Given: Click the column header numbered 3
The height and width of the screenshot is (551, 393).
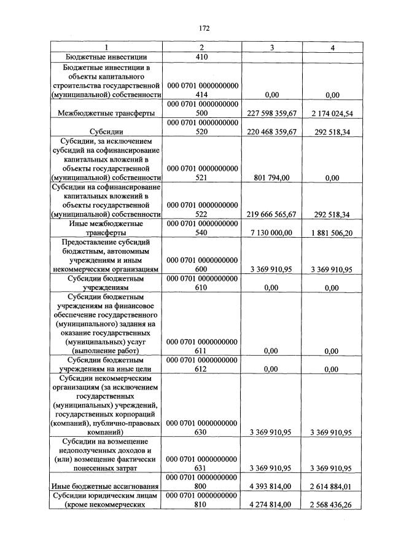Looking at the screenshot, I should coord(271,47).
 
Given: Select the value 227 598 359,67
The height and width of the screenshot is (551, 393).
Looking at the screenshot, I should coord(271,113).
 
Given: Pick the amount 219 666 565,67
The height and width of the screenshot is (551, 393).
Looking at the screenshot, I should coord(271,214).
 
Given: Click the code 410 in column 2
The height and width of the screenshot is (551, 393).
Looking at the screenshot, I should coord(201,57).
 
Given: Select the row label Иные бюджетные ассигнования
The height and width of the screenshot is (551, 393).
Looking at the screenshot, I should coord(106,487).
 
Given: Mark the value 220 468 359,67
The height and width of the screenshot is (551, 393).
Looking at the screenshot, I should coord(271,131).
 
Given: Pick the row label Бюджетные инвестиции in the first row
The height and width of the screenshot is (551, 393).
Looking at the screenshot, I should coord(106,57).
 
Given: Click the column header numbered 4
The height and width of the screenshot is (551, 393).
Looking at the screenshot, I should coord(332,47).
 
